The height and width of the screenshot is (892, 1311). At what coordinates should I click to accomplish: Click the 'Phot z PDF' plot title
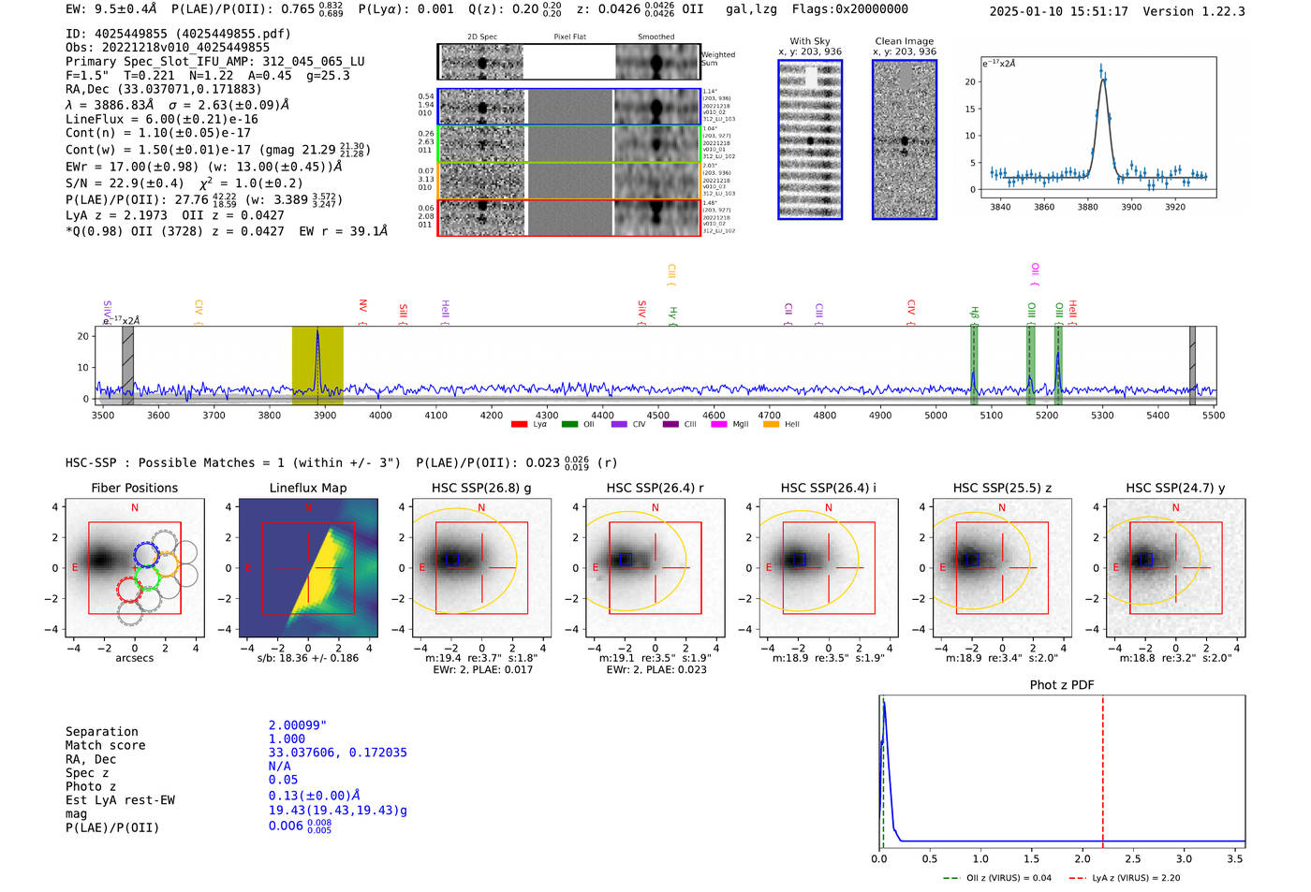tap(1062, 685)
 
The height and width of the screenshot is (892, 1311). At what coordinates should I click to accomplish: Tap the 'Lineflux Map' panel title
tap(307, 488)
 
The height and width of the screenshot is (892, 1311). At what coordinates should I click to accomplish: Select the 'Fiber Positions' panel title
tap(134, 488)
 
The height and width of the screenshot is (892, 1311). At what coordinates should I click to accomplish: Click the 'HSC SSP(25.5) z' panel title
tap(1001, 488)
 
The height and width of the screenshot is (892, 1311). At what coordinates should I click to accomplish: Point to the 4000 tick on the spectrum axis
tap(380, 416)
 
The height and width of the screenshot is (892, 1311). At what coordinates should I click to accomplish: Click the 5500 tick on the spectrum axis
tap(1214, 416)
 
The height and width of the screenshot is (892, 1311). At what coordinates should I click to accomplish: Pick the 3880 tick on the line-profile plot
tap(1088, 207)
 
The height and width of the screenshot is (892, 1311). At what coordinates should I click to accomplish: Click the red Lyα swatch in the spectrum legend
tap(519, 425)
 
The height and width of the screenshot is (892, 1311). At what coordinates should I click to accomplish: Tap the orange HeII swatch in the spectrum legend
tap(771, 425)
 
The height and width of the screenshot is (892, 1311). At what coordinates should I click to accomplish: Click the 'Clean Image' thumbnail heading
tap(904, 41)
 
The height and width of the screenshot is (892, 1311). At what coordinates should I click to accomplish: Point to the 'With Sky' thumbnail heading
tap(810, 41)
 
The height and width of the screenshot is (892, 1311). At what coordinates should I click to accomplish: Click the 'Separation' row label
tap(101, 732)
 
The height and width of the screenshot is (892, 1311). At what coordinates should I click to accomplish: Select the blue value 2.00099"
tap(298, 725)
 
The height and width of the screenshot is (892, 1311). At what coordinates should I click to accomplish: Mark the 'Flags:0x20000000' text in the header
tap(849, 9)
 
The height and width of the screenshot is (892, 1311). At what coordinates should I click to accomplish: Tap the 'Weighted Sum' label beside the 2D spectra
tap(718, 59)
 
